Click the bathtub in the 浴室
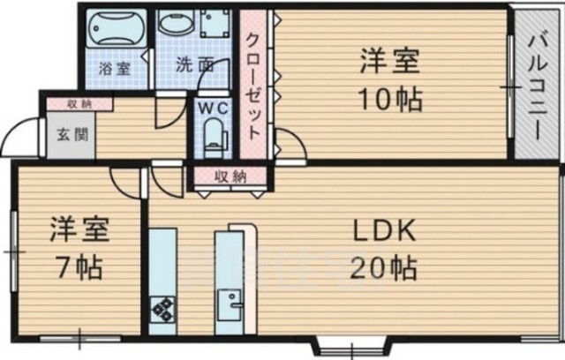point(117,27)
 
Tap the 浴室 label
point(114,69)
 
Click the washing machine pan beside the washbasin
point(215,23)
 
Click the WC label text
point(214,108)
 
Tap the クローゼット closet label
point(253,86)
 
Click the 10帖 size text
point(390,100)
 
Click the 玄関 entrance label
point(72,135)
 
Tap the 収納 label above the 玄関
point(79,104)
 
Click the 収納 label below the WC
point(230,176)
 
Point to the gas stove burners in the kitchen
point(162,309)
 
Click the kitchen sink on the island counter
point(230,305)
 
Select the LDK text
point(384,231)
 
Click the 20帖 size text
point(383,268)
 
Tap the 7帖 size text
point(79,267)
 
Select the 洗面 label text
point(195,65)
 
